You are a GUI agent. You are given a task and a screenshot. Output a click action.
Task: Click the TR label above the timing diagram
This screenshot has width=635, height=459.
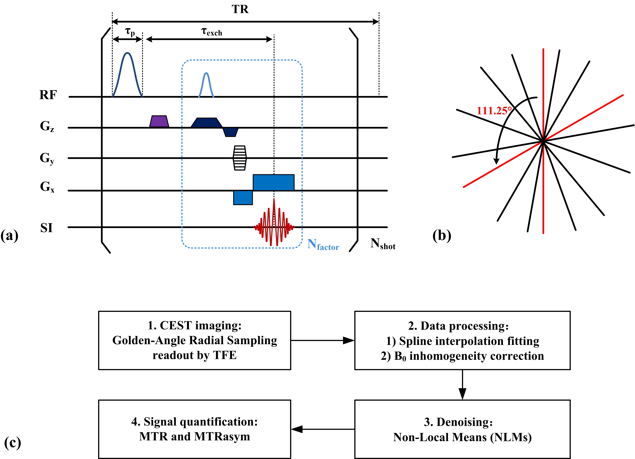240,9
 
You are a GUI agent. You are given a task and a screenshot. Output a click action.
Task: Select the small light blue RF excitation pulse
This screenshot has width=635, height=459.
206,85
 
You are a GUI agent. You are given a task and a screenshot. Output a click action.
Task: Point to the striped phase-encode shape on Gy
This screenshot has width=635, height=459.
240,158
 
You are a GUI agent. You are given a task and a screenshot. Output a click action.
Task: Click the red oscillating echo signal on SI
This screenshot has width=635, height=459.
274,223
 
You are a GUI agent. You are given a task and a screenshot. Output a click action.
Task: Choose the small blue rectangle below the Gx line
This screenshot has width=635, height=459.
243,197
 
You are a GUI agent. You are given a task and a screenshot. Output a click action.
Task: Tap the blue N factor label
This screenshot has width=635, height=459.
323,245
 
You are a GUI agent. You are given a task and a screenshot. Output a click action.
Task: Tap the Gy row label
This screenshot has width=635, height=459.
47,158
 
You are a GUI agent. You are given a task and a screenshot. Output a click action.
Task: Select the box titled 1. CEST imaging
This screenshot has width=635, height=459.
195,340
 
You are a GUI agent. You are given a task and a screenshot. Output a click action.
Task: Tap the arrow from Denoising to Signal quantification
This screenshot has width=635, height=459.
323,429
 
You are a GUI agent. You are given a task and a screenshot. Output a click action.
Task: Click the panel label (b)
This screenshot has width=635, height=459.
442,236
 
